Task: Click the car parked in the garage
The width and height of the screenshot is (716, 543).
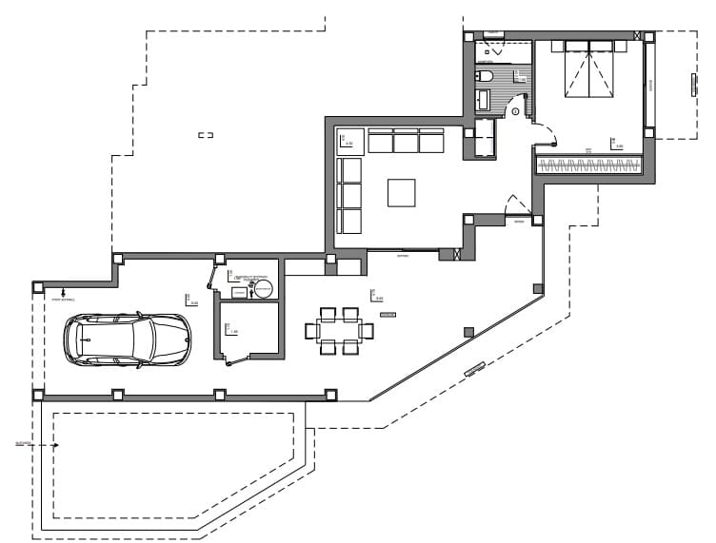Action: pos(127,339)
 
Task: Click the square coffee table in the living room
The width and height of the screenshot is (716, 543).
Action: pos(402,193)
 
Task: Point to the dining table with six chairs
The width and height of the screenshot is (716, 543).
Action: pos(339,331)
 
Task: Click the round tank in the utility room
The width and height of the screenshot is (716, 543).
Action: pos(263,287)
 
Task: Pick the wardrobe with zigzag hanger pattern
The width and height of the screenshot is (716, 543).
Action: pos(587,165)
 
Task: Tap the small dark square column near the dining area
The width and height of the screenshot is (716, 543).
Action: pos(467,331)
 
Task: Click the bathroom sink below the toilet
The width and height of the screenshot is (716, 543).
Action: pos(483,99)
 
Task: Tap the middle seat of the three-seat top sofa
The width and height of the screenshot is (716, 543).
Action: pos(406,142)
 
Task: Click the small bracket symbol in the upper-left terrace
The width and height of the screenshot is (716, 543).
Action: pos(206,136)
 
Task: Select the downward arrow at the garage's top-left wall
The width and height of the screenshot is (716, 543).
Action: pos(63,292)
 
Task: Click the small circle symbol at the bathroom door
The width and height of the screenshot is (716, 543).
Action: pos(515,111)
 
